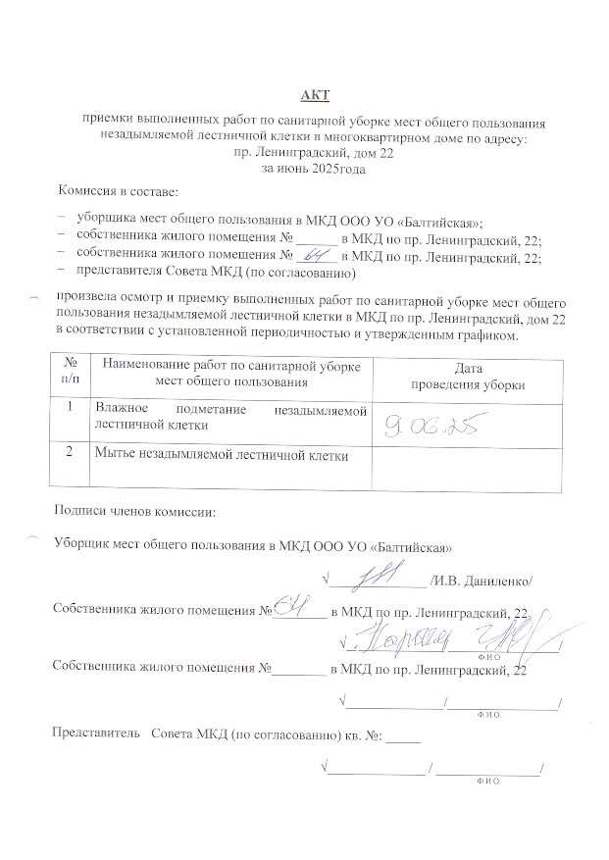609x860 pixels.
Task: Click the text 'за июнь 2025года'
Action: (314, 169)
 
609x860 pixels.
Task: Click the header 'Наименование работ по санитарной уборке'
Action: (231, 368)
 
